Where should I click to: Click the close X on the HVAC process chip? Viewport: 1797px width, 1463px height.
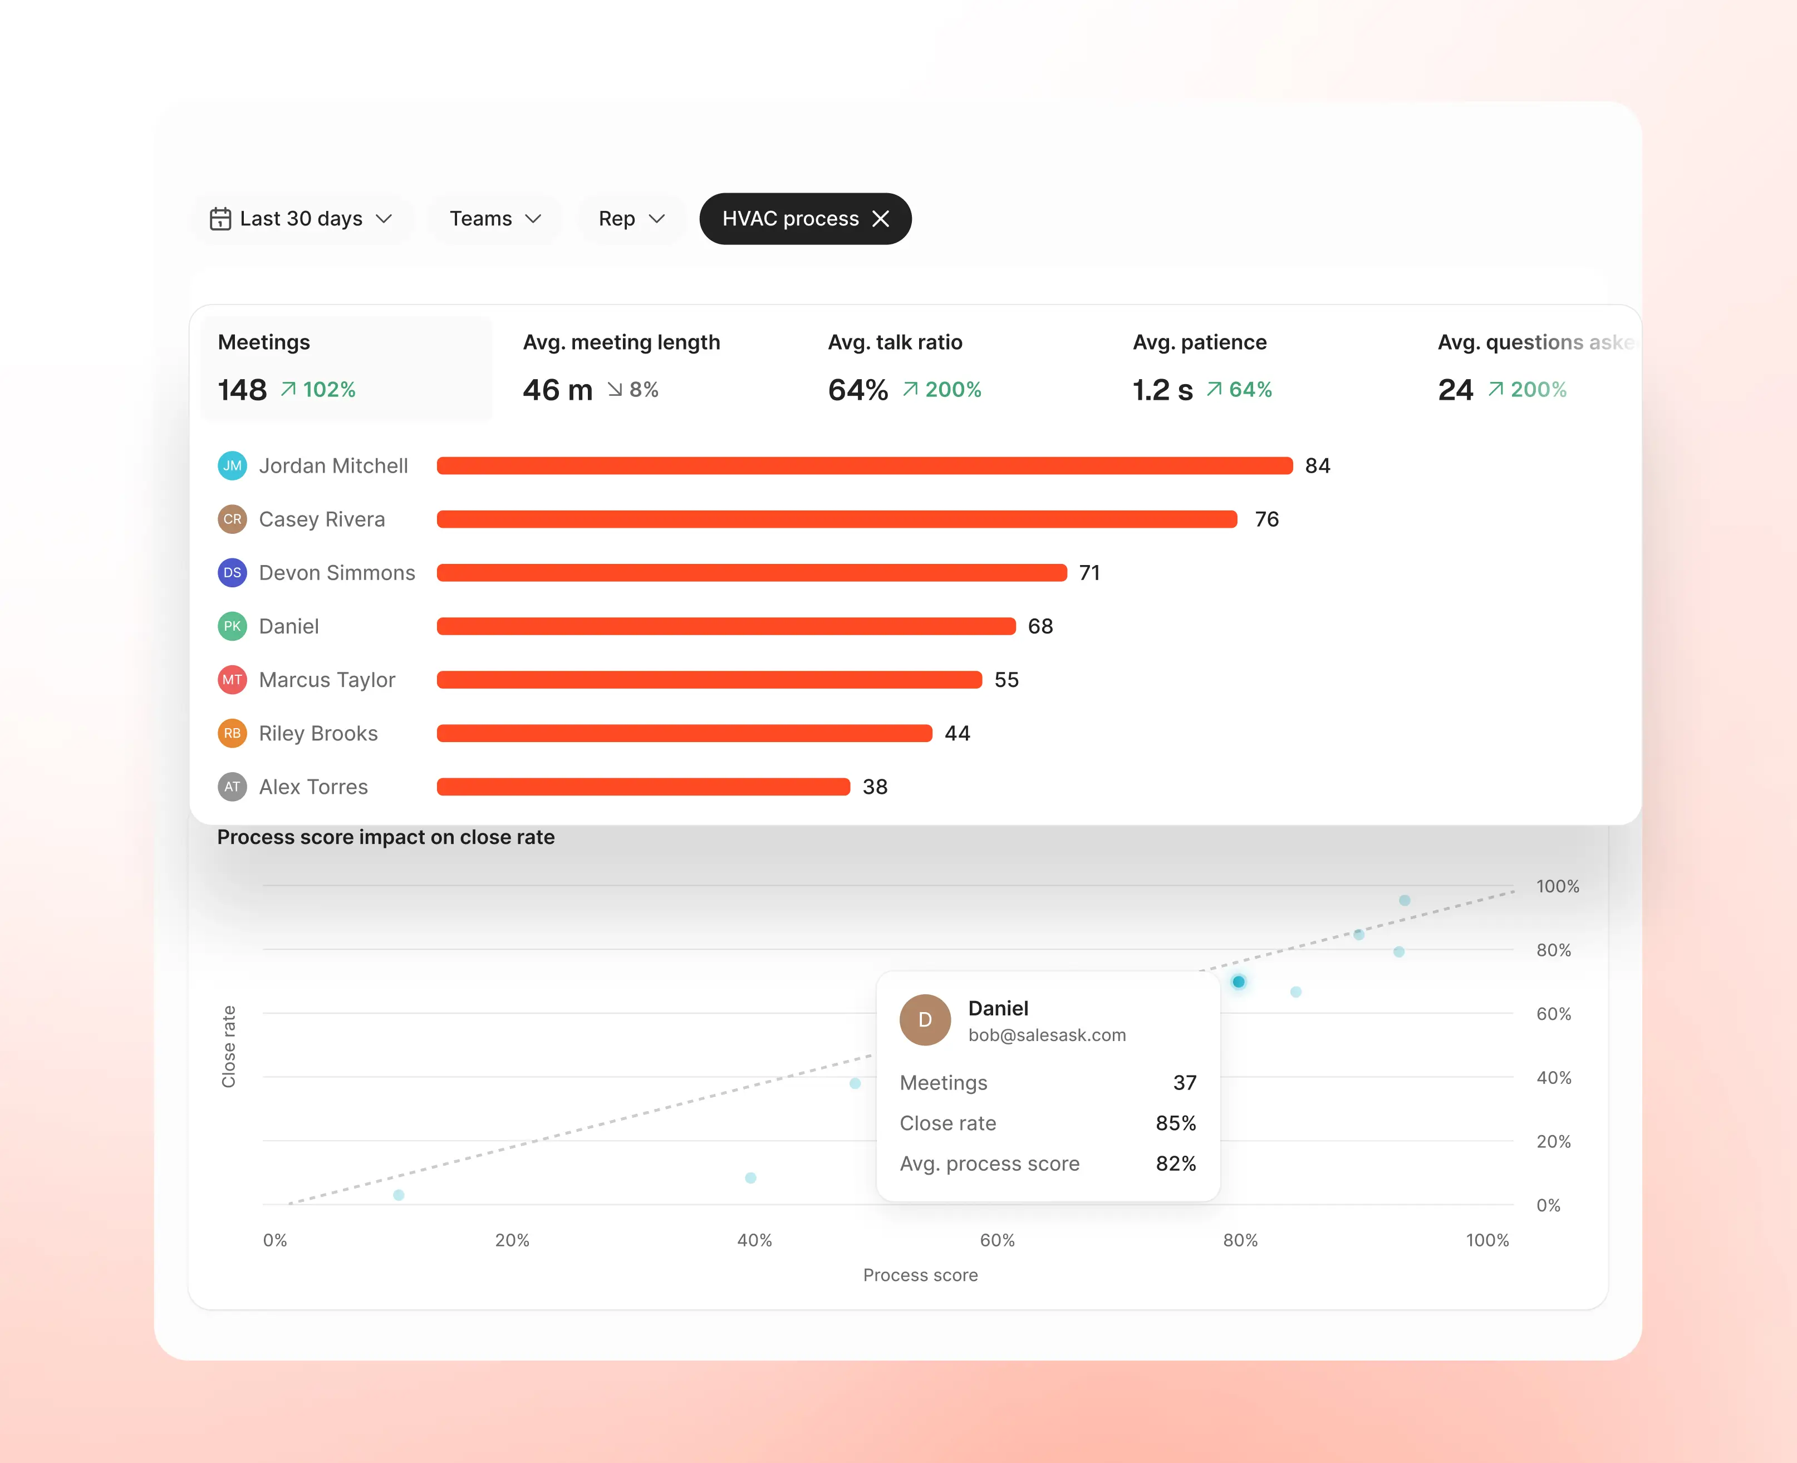pyautogui.click(x=881, y=219)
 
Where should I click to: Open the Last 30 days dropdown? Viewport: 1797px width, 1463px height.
pyautogui.click(x=302, y=219)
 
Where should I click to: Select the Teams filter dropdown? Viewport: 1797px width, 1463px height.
pyautogui.click(x=495, y=219)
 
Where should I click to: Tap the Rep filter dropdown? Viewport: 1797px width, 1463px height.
pyautogui.click(x=631, y=219)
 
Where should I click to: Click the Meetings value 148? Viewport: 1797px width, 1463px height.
pyautogui.click(x=242, y=390)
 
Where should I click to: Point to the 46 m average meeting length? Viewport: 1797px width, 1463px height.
pyautogui.click(x=557, y=390)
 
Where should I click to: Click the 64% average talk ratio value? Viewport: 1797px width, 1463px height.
pyautogui.click(x=858, y=390)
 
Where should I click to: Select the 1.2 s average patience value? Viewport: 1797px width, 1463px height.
pyautogui.click(x=1162, y=390)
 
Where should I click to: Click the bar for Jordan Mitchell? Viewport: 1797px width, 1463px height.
pyautogui.click(x=865, y=466)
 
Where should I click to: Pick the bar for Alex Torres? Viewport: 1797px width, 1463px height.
pyautogui.click(x=643, y=787)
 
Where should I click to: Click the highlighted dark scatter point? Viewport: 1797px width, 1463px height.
pyautogui.click(x=1238, y=982)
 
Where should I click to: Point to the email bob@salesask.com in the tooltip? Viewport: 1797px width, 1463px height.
pyautogui.click(x=1047, y=1035)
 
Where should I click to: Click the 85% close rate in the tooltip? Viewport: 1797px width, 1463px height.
pyautogui.click(x=1176, y=1123)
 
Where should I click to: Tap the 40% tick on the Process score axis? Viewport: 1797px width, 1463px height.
pyautogui.click(x=754, y=1240)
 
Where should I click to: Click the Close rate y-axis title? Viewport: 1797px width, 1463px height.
pyautogui.click(x=228, y=1047)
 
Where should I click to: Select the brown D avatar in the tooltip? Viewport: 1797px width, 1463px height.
pyautogui.click(x=925, y=1020)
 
